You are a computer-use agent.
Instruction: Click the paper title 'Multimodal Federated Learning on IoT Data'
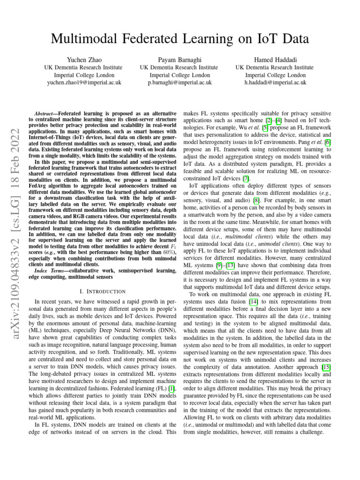[x=180, y=40]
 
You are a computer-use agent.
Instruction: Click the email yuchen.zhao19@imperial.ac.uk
[x=84, y=82]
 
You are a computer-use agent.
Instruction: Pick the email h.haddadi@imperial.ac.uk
[x=275, y=82]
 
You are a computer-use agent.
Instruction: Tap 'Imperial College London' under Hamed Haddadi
[x=275, y=75]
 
